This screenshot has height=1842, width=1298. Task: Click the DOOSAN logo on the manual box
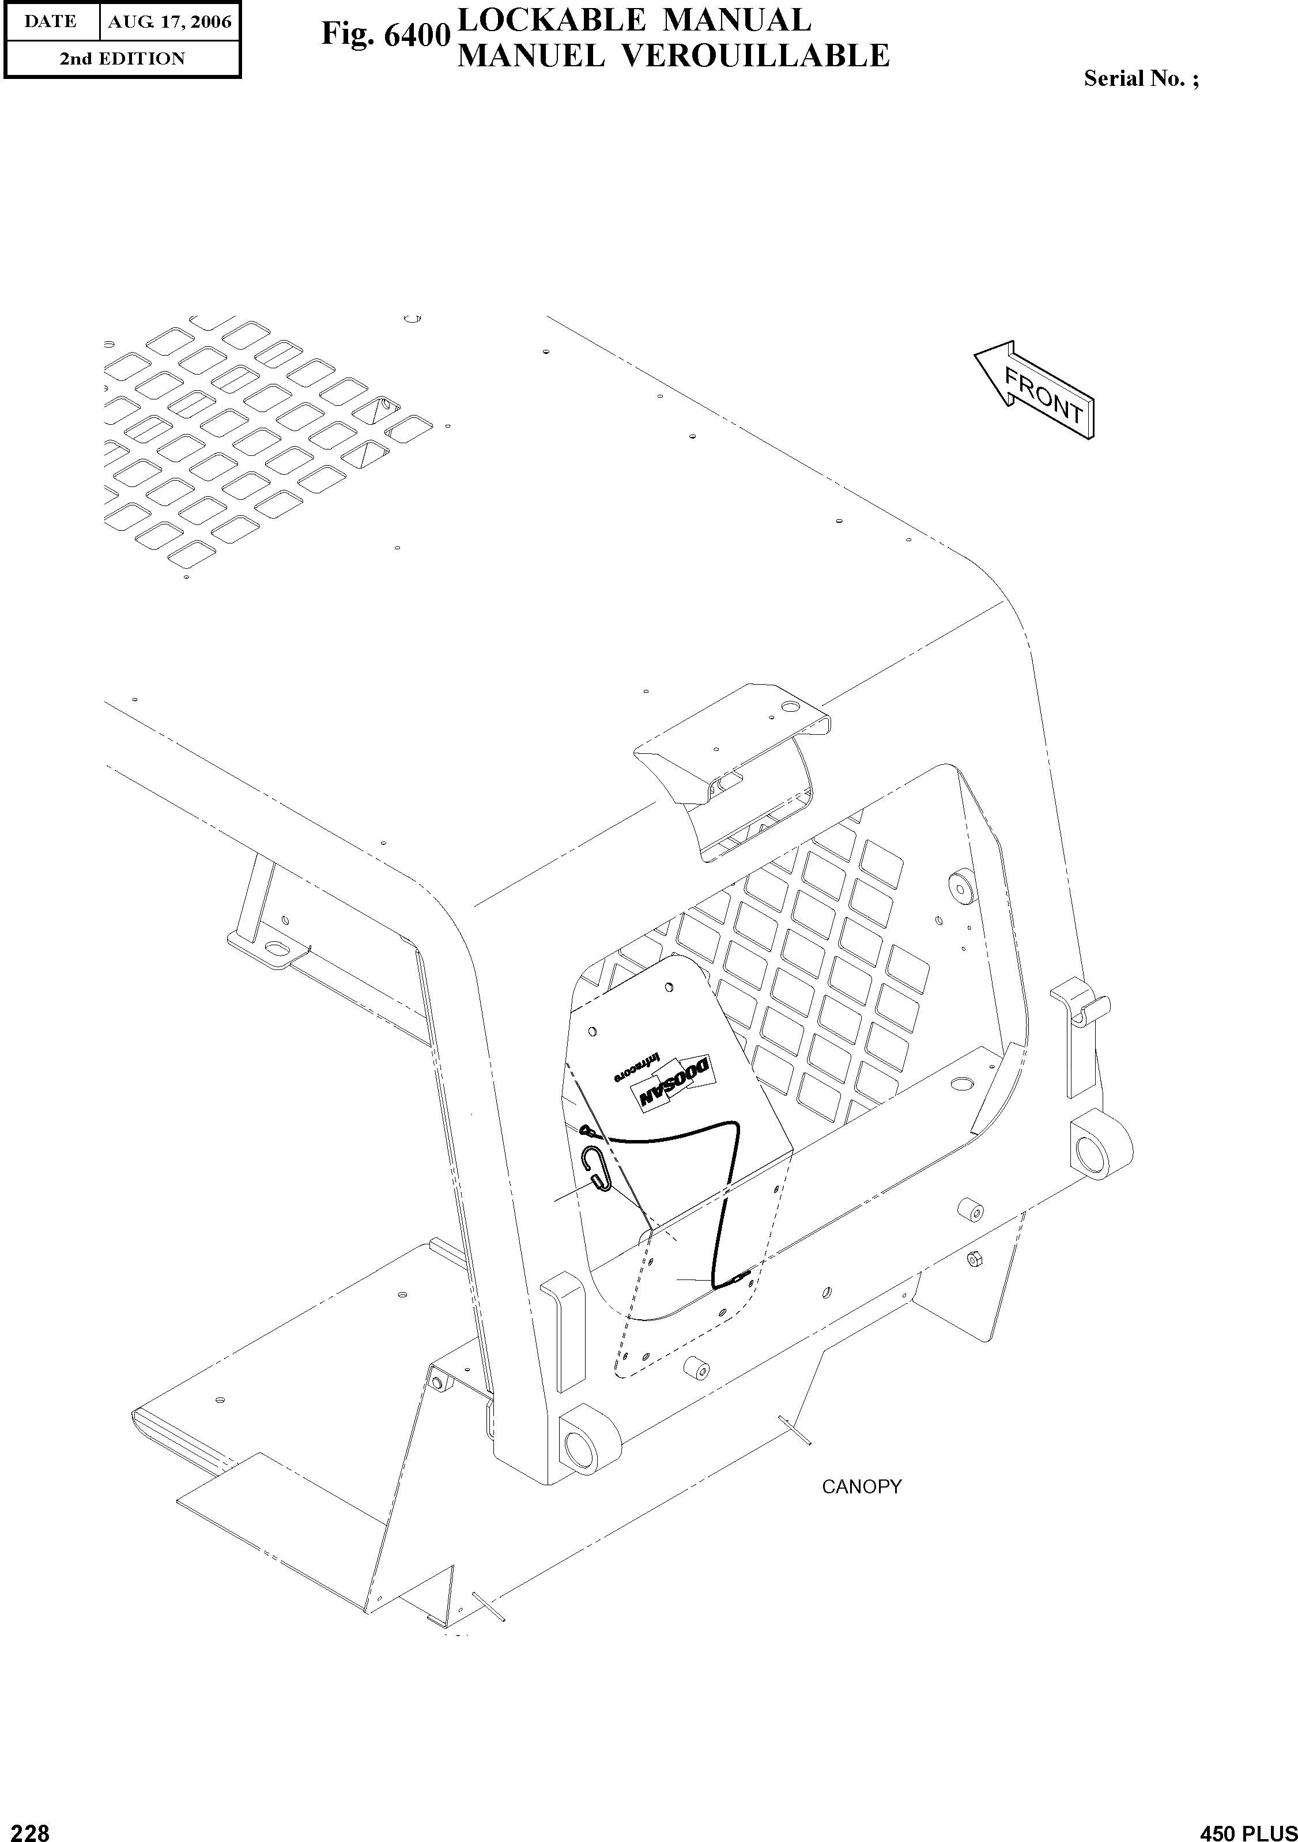pos(672,1084)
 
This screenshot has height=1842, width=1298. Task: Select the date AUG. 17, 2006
pos(169,22)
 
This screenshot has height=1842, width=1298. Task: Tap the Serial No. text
pos(1141,78)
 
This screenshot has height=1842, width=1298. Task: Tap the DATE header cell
pos(51,22)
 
